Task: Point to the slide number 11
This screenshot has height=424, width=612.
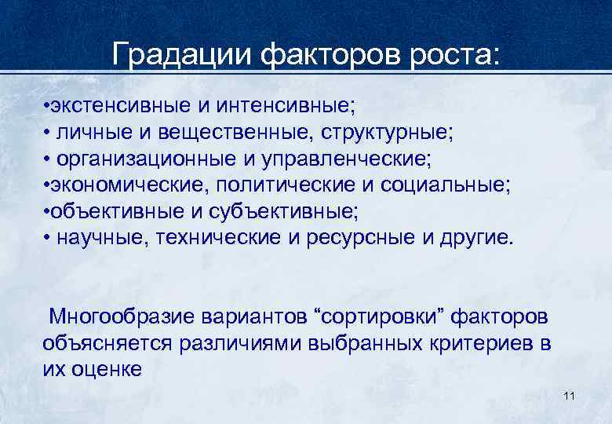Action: (570, 396)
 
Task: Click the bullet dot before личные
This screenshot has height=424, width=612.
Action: (47, 132)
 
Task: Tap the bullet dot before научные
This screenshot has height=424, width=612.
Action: (47, 239)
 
